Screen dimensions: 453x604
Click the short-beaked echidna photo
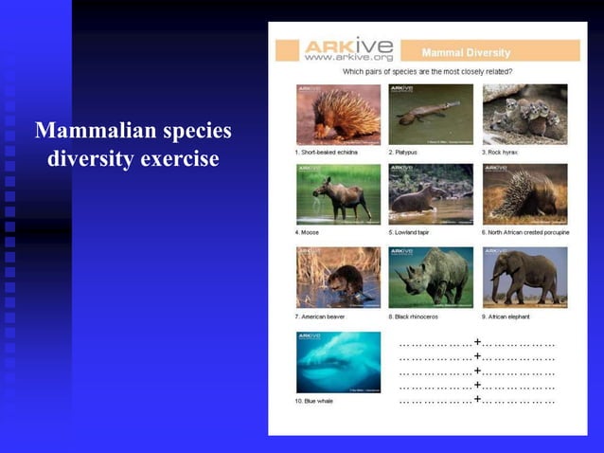339,114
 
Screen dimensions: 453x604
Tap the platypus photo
431,114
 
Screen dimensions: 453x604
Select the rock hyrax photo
524,114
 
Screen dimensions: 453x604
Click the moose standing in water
337,194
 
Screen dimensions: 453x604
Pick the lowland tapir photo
431,194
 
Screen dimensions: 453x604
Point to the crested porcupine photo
524,194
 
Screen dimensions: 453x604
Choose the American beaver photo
339,277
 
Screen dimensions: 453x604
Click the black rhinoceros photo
431,277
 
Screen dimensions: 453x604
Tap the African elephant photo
524,277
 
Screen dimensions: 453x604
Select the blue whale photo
339,362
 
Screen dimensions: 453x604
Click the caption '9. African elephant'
507,317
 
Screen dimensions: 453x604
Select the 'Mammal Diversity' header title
466,53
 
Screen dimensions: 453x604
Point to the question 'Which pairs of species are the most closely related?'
429,71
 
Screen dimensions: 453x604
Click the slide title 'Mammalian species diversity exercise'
133,144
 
